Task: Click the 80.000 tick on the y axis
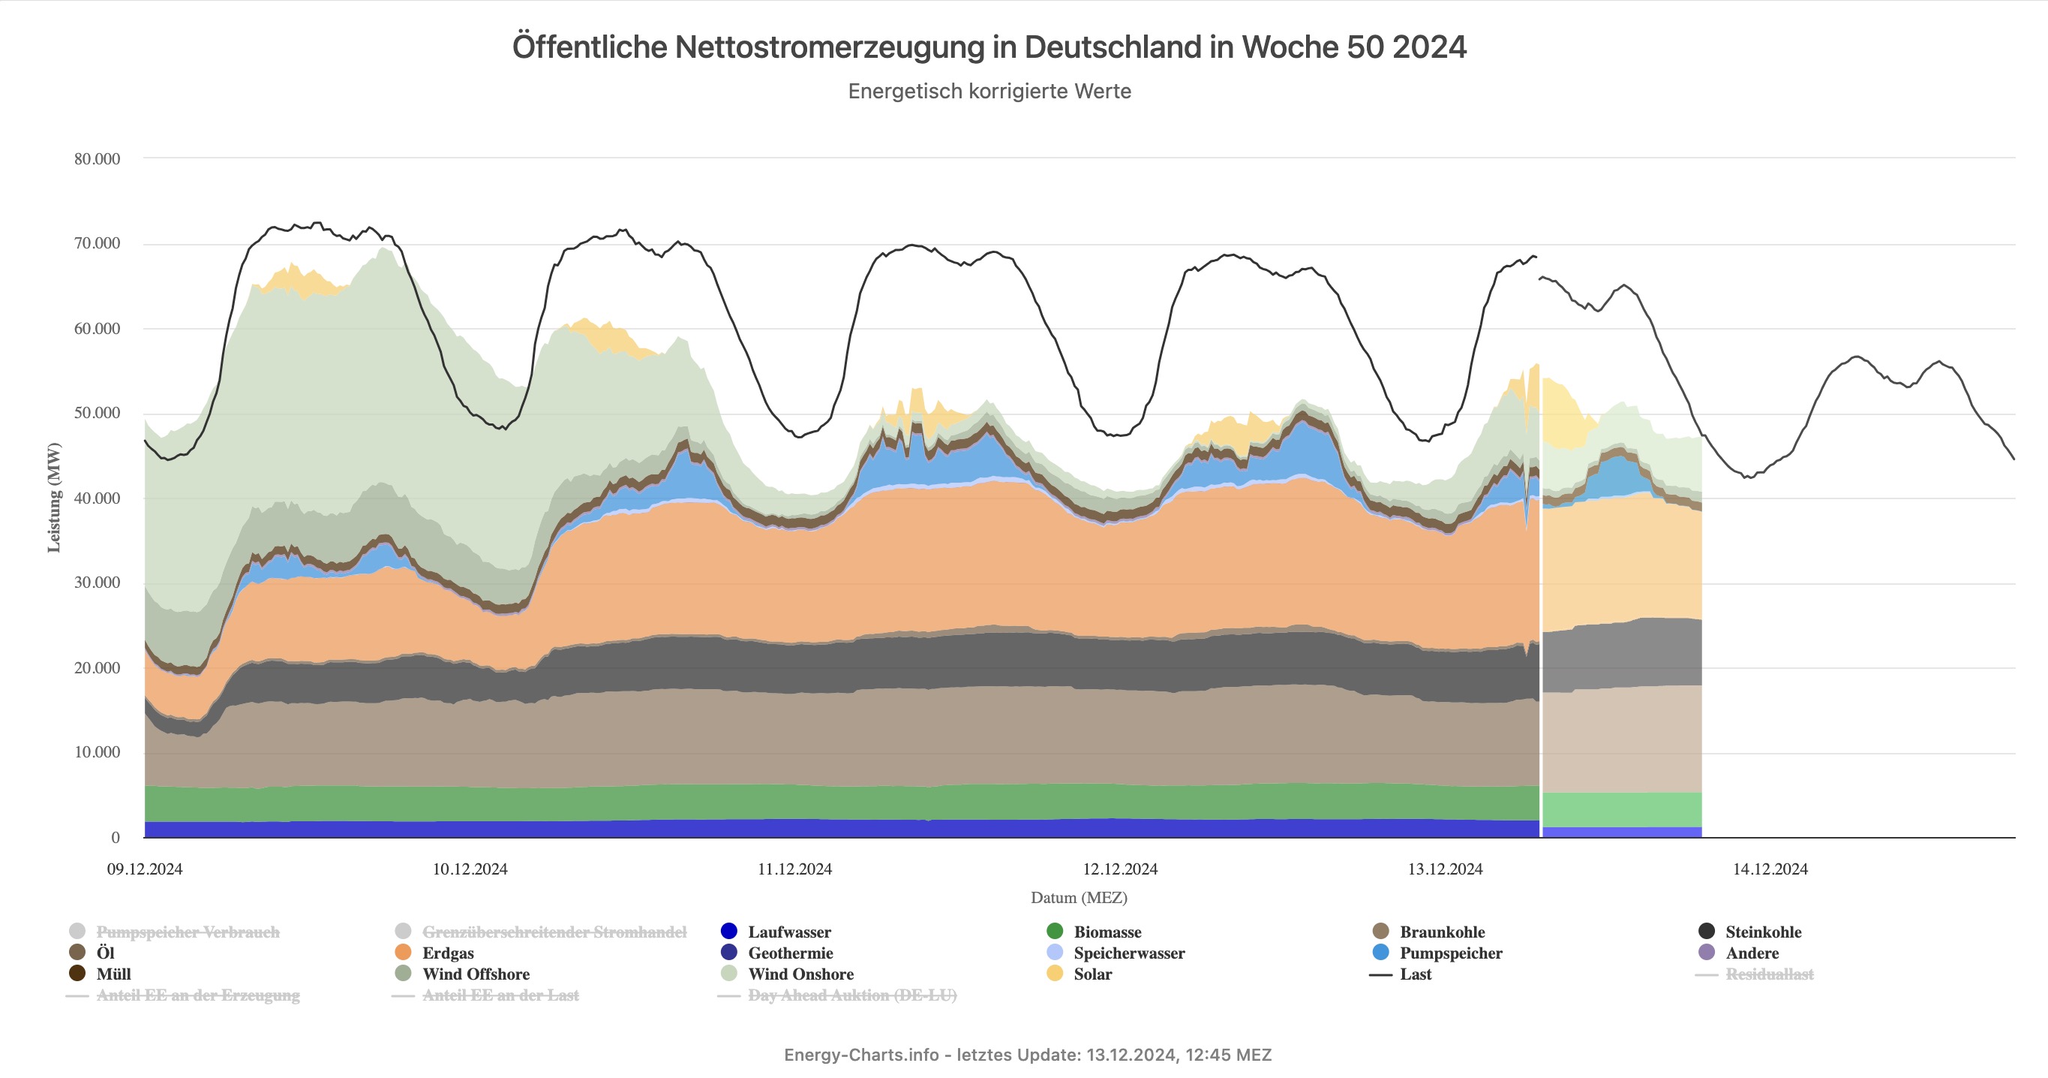point(97,159)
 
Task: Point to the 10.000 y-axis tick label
point(97,753)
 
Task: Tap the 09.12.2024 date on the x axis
point(145,869)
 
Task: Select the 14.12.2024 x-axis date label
point(1770,869)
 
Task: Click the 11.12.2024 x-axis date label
point(794,869)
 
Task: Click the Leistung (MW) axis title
point(54,497)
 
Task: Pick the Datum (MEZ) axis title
point(1079,898)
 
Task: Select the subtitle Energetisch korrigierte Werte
point(989,92)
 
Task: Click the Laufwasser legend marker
point(729,932)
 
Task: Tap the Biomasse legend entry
point(1107,932)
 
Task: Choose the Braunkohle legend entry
point(1441,932)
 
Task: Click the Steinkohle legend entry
point(1763,932)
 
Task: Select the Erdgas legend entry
point(448,953)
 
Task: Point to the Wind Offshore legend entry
point(476,974)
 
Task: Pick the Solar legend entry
point(1092,974)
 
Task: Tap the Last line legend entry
point(1415,974)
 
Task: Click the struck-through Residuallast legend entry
point(1769,974)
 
